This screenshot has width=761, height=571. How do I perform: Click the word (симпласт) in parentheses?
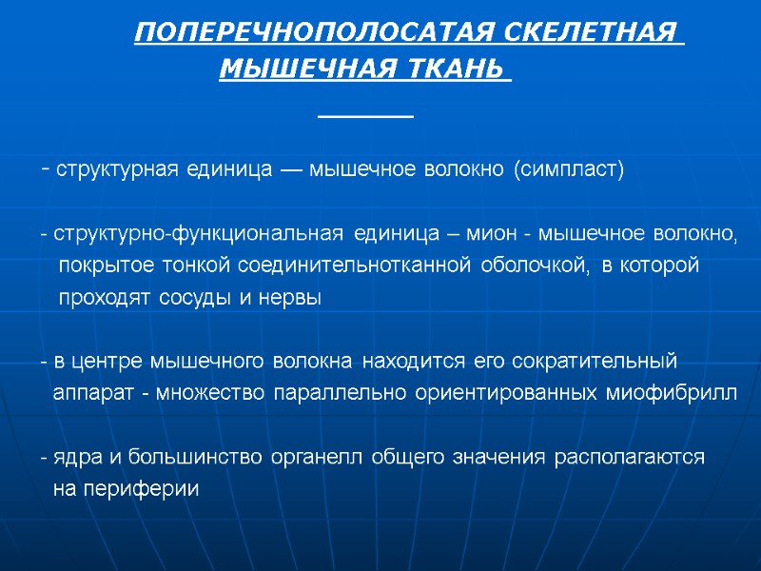pyautogui.click(x=569, y=170)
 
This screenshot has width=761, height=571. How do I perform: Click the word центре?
pyautogui.click(x=104, y=363)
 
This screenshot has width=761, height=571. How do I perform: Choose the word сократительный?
pyautogui.click(x=595, y=363)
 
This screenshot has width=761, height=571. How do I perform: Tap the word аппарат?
pyautogui.click(x=93, y=395)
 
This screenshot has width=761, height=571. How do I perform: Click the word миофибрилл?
pyautogui.click(x=671, y=395)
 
